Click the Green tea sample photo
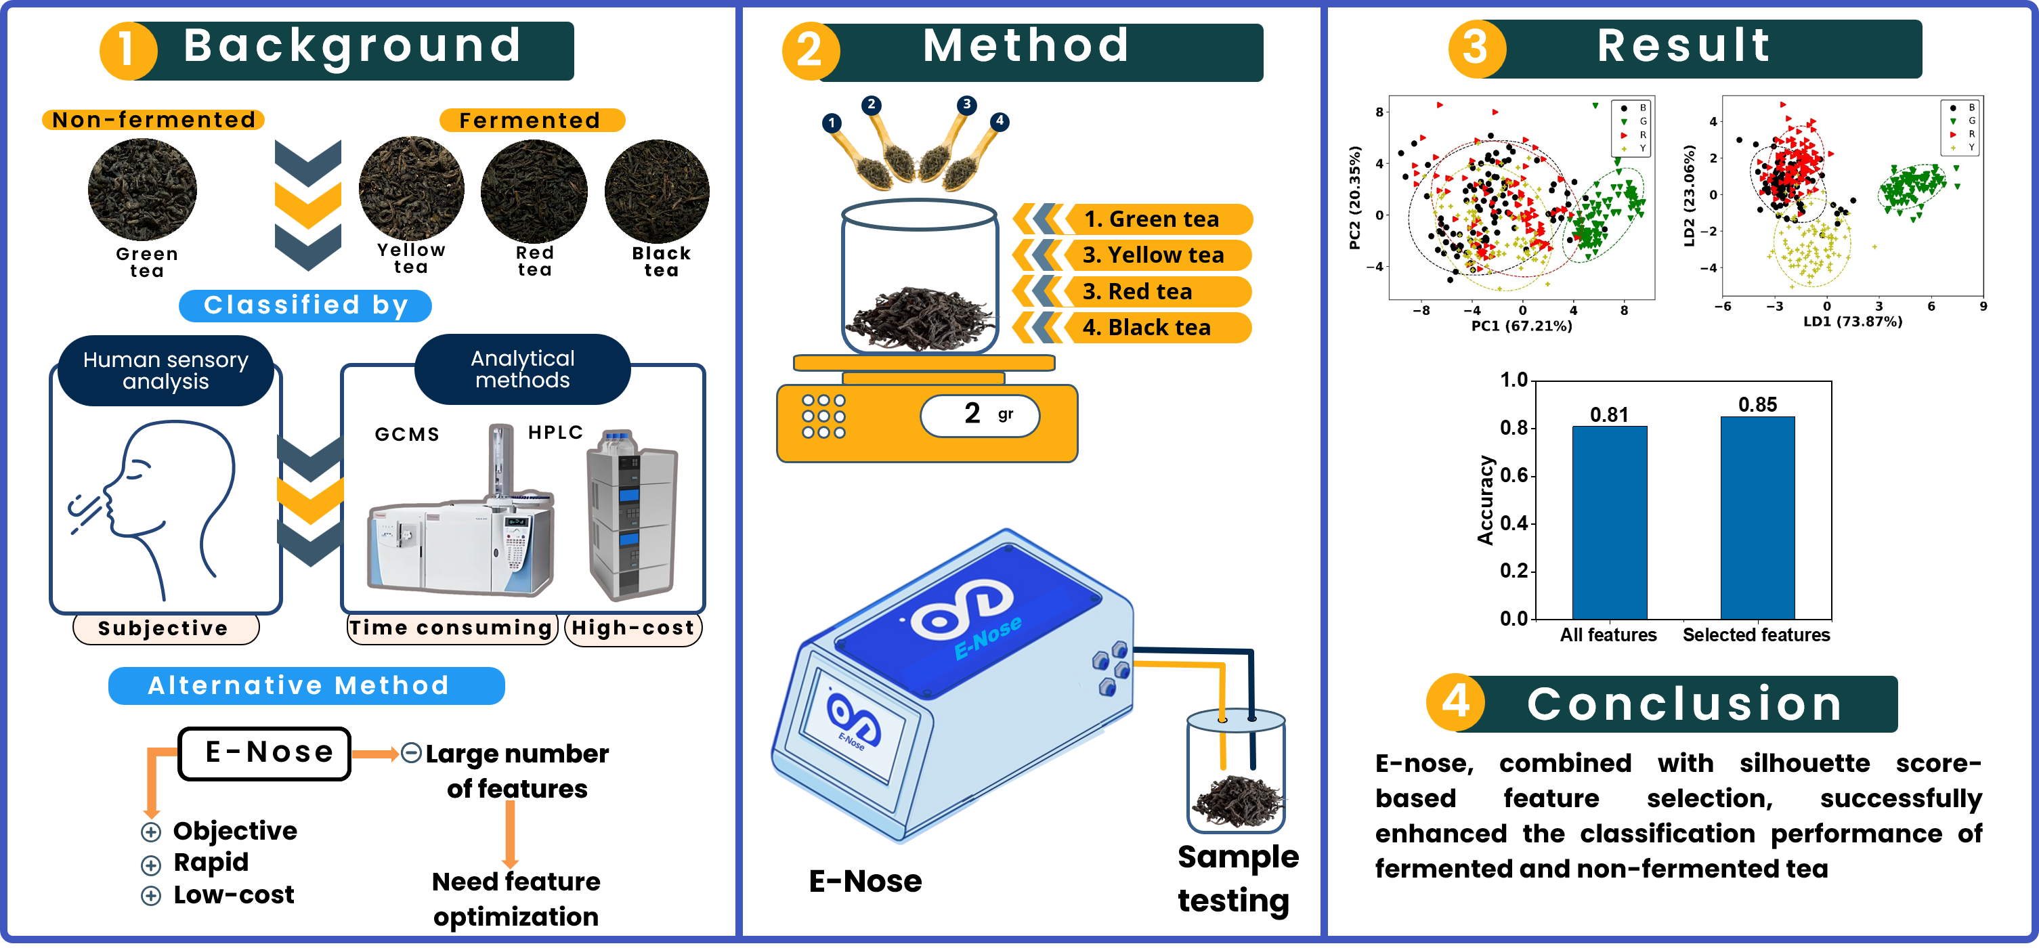tap(142, 190)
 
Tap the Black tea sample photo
tap(657, 191)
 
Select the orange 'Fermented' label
tap(531, 121)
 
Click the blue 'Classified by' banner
tap(305, 305)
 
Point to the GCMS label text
tap(407, 435)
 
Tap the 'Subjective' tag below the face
tap(165, 628)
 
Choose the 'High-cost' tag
tap(633, 628)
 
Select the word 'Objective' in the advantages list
tap(235, 831)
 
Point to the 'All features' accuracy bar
tap(1609, 522)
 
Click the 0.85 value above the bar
tap(1757, 405)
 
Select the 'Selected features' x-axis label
tap(1756, 634)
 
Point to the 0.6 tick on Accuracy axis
tap(1514, 475)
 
